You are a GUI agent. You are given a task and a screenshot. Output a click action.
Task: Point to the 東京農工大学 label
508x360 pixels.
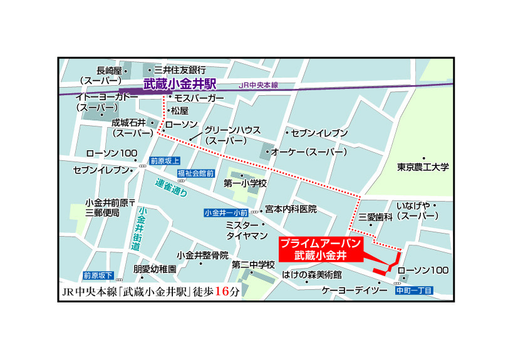pos(423,167)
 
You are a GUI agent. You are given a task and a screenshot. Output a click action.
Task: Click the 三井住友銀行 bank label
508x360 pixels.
pos(180,69)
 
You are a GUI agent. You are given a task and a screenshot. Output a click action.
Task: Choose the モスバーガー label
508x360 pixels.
pos(199,98)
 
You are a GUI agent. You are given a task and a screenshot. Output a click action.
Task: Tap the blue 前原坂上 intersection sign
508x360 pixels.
pos(165,161)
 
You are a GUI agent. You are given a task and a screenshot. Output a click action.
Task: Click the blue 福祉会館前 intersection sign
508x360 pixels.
pos(195,173)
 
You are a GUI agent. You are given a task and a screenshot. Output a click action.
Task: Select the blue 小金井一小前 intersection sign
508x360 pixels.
pos(226,212)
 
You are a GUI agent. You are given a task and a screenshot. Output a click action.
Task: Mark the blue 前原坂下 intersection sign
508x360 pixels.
pos(98,275)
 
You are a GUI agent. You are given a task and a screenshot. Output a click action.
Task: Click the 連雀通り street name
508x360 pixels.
pos(172,188)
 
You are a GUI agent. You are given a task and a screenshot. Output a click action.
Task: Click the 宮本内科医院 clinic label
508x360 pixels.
pos(291,208)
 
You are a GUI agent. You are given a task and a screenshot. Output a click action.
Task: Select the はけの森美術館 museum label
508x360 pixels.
pos(311,275)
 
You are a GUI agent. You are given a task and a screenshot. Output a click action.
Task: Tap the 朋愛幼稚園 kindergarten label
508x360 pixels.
pos(155,269)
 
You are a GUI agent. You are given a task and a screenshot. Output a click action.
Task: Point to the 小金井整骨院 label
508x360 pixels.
pos(202,255)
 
